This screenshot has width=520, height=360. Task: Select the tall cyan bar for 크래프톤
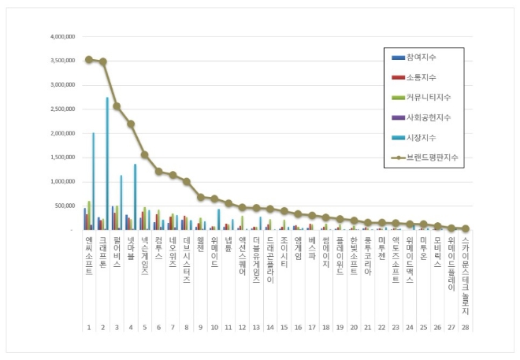coord(107,163)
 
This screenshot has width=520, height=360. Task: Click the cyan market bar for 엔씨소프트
coord(93,181)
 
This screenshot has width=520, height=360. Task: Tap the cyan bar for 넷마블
coord(135,197)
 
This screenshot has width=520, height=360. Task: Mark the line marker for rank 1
coord(88,59)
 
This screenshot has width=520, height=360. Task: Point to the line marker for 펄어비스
coord(117,106)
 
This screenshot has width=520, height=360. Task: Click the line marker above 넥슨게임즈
coord(145,154)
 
